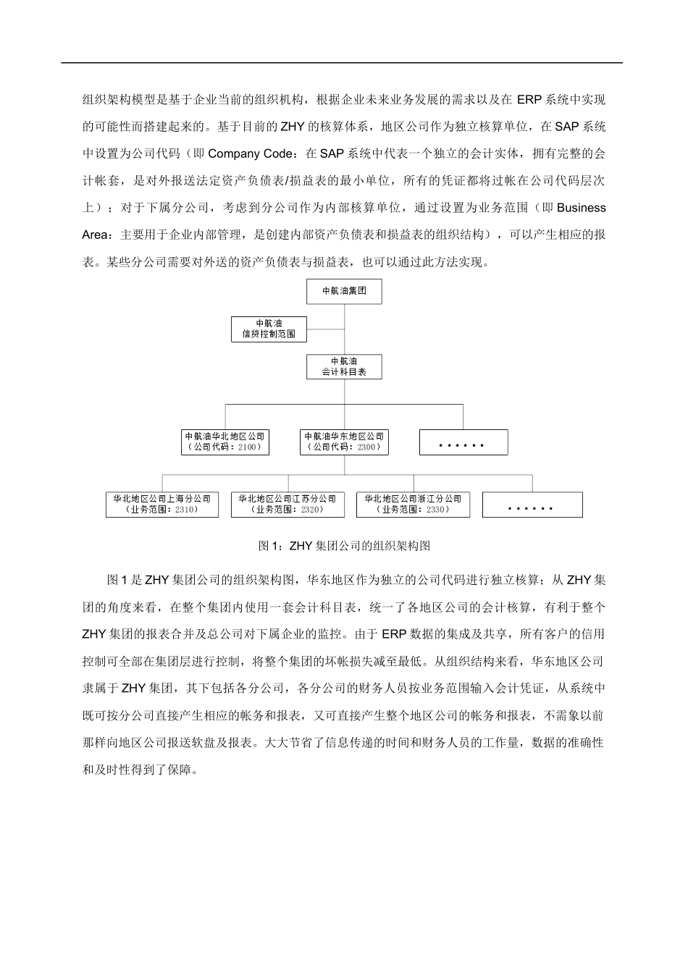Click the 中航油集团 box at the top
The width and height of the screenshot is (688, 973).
pyautogui.click(x=344, y=291)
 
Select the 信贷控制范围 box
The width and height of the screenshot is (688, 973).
pyautogui.click(x=269, y=329)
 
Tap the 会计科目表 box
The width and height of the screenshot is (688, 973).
pyautogui.click(x=344, y=366)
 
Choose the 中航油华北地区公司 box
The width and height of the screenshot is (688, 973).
pyautogui.click(x=225, y=442)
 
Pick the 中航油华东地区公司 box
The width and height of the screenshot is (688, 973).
pyautogui.click(x=344, y=442)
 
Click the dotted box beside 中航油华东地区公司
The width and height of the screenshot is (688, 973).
pyautogui.click(x=463, y=442)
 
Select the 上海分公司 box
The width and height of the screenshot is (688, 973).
pyautogui.click(x=161, y=505)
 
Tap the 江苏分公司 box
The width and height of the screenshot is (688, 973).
pyautogui.click(x=288, y=505)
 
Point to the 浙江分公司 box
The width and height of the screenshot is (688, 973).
pyautogui.click(x=413, y=505)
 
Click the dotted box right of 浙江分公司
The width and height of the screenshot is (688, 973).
pyautogui.click(x=532, y=505)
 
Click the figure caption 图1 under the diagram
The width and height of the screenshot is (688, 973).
pyautogui.click(x=344, y=545)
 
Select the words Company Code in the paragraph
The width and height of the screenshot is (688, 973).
pyautogui.click(x=251, y=153)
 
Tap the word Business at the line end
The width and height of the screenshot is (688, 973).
pyautogui.click(x=582, y=208)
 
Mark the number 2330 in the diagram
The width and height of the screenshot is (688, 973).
pyautogui.click(x=437, y=510)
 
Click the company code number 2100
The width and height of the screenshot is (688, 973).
pyautogui.click(x=247, y=447)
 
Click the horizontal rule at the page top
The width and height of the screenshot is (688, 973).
pyautogui.click(x=341, y=63)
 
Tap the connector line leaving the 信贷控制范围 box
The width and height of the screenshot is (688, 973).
pyautogui.click(x=325, y=329)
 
